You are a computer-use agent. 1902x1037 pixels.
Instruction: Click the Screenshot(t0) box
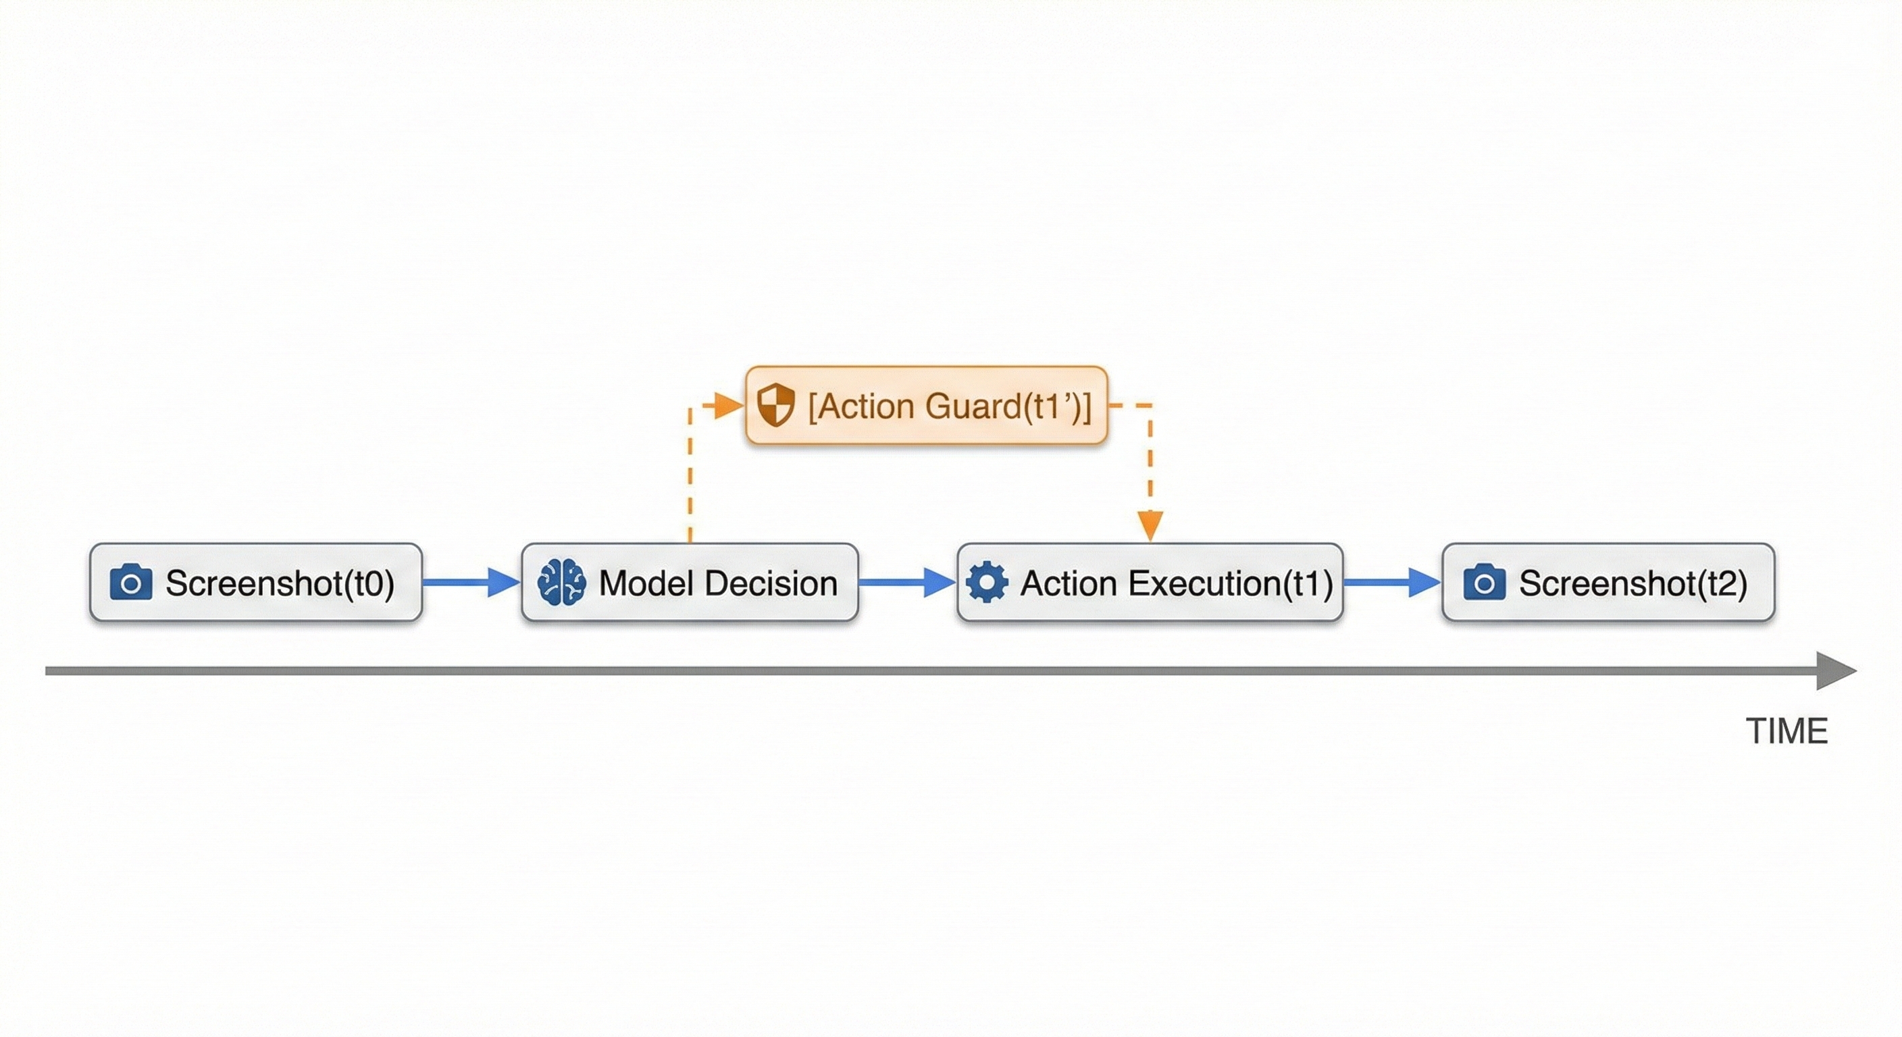[x=255, y=583]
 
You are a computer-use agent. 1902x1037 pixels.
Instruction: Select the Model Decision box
[x=690, y=583]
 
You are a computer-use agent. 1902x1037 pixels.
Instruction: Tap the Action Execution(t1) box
[x=1150, y=583]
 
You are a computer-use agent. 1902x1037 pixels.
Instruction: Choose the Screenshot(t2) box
[x=1608, y=583]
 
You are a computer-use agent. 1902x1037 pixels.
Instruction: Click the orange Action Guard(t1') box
[x=927, y=405]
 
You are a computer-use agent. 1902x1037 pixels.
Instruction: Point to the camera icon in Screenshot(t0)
[x=130, y=583]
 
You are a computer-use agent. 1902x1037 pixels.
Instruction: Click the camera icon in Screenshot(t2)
[x=1484, y=583]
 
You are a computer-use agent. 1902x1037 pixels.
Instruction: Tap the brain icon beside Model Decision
[x=562, y=583]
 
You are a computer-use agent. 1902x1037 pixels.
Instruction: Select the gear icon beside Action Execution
[x=986, y=583]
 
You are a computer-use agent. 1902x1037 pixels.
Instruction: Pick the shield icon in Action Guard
[x=775, y=404]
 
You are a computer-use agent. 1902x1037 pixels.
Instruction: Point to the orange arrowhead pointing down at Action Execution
[x=1150, y=525]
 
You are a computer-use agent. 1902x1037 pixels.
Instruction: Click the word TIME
[x=1787, y=731]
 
